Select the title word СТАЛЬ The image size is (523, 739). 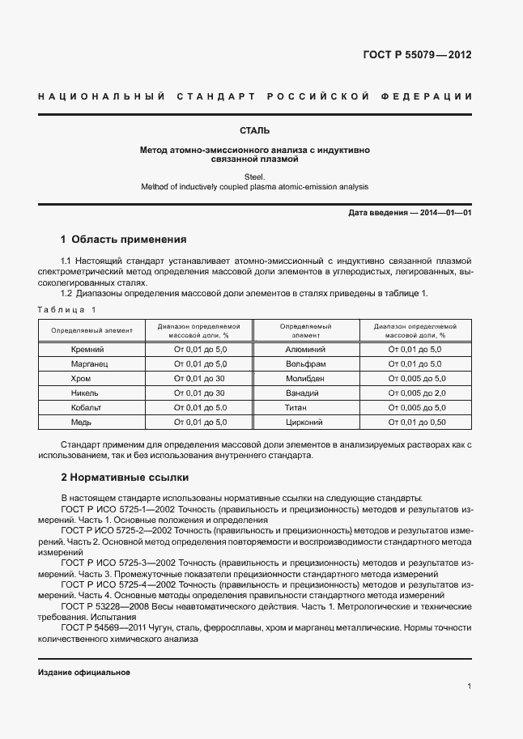(x=254, y=130)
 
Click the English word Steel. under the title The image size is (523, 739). (x=254, y=176)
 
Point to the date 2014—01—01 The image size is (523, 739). (x=444, y=213)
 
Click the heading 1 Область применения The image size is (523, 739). (x=123, y=240)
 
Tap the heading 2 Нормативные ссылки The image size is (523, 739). (x=124, y=478)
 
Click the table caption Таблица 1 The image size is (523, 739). (x=67, y=309)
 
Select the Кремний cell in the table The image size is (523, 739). (x=87, y=350)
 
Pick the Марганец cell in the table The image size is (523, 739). (x=87, y=364)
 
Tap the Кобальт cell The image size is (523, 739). (x=87, y=408)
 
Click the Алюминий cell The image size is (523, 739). (x=305, y=350)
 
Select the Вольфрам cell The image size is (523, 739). (x=305, y=364)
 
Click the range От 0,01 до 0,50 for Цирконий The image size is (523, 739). (x=416, y=423)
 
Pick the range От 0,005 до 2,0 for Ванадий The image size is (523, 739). (x=416, y=393)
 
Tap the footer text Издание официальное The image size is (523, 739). (x=84, y=673)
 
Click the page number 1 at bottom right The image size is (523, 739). (x=470, y=686)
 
